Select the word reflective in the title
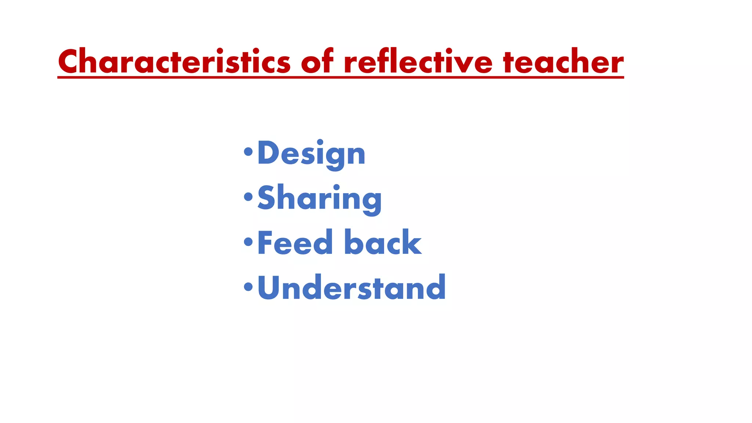(418, 61)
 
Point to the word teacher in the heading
(563, 62)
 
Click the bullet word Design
(311, 153)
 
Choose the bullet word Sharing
(319, 198)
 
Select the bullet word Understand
(352, 288)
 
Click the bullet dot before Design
(249, 151)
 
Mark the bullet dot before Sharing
(249, 196)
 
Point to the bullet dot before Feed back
(249, 242)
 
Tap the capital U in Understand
(271, 288)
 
